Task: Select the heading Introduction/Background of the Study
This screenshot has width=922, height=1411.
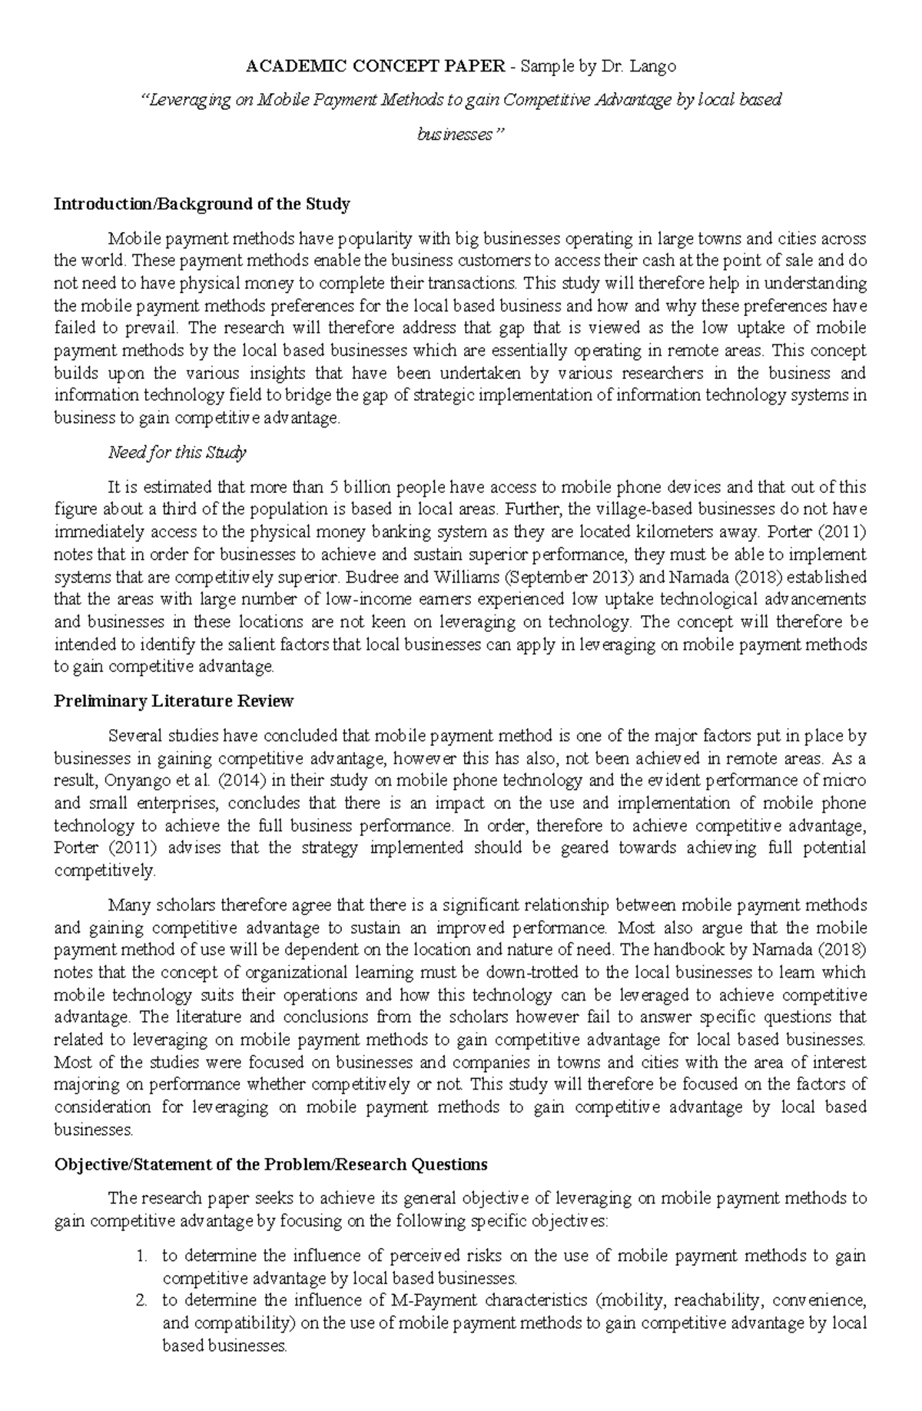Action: click(x=202, y=204)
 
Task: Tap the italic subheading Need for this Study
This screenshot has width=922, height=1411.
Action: click(x=177, y=452)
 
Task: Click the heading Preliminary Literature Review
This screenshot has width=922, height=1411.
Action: click(x=174, y=701)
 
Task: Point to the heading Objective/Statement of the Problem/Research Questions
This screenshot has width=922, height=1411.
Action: click(x=270, y=1163)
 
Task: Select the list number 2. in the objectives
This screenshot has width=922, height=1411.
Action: click(x=141, y=1300)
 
